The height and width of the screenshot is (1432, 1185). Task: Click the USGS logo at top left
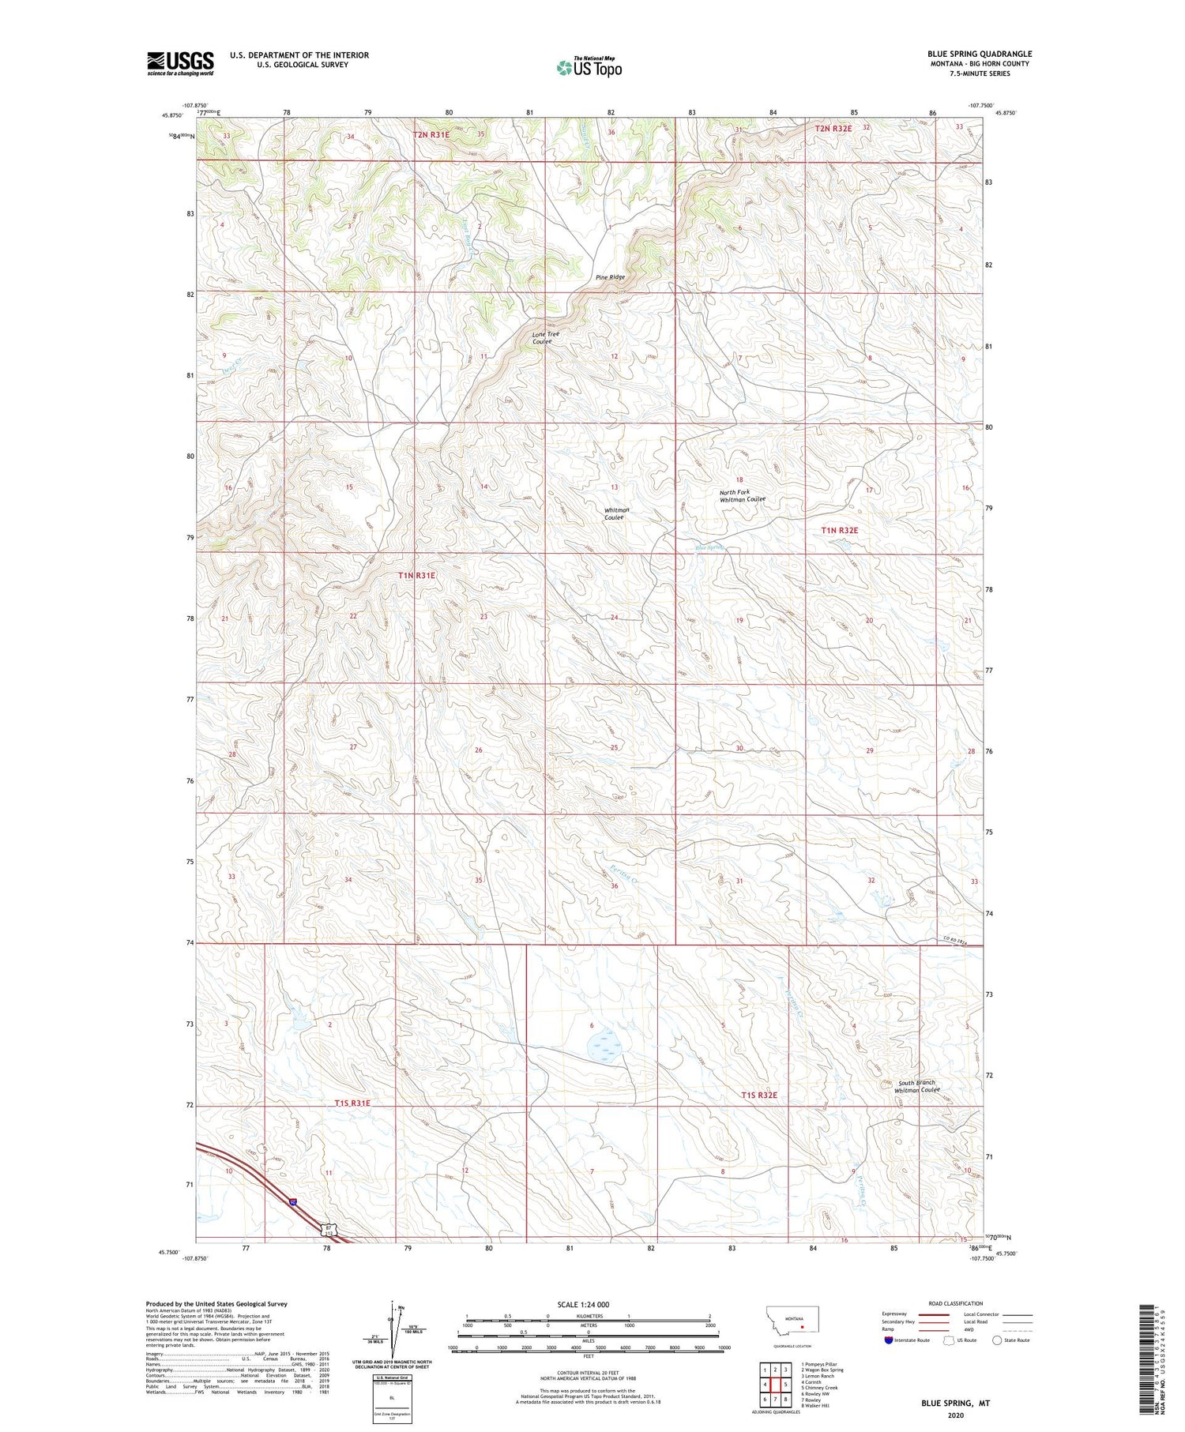pos(180,63)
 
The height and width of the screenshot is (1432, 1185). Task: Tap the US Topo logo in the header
pos(589,68)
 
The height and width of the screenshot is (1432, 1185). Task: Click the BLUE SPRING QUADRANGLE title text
pos(979,54)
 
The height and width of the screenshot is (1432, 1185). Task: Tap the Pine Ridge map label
pos(610,277)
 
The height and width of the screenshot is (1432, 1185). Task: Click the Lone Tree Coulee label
pos(545,337)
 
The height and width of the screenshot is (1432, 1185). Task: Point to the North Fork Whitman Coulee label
pos(742,495)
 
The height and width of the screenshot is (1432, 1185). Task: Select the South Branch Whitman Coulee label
pos(916,1086)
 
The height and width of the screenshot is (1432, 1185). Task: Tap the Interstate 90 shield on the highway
pos(293,1202)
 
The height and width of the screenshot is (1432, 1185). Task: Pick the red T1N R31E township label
pos(416,576)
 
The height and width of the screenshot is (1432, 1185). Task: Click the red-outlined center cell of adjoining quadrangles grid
pos(775,1384)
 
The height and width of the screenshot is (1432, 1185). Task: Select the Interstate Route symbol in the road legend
pos(889,1340)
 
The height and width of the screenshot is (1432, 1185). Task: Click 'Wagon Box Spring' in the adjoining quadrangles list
pos(824,1370)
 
